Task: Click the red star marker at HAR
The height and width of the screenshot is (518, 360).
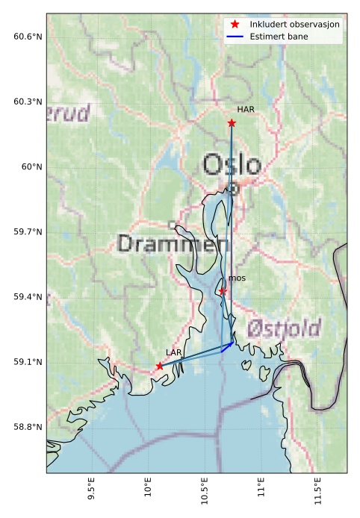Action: (x=232, y=122)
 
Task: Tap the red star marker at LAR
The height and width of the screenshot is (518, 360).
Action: (x=160, y=366)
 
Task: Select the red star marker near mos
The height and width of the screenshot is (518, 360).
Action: (x=223, y=291)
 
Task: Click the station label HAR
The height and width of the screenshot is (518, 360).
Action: (x=246, y=110)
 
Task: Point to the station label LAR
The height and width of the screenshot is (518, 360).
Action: (x=173, y=352)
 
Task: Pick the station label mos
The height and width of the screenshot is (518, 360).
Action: (x=237, y=278)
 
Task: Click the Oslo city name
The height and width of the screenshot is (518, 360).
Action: (x=232, y=165)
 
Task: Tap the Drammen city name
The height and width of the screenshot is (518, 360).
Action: (x=173, y=243)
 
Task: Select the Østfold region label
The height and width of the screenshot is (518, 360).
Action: (x=284, y=328)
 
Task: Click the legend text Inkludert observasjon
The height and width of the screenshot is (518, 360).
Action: (x=295, y=25)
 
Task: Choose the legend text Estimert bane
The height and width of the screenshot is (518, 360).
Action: (x=279, y=36)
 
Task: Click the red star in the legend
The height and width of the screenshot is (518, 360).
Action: (x=235, y=25)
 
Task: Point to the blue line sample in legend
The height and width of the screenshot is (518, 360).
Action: (x=235, y=36)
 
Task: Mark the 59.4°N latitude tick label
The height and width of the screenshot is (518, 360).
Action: (x=28, y=297)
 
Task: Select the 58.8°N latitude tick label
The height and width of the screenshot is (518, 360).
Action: (x=28, y=427)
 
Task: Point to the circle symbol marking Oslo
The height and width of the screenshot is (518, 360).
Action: (x=233, y=189)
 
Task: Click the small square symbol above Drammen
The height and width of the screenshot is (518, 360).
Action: (x=172, y=225)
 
